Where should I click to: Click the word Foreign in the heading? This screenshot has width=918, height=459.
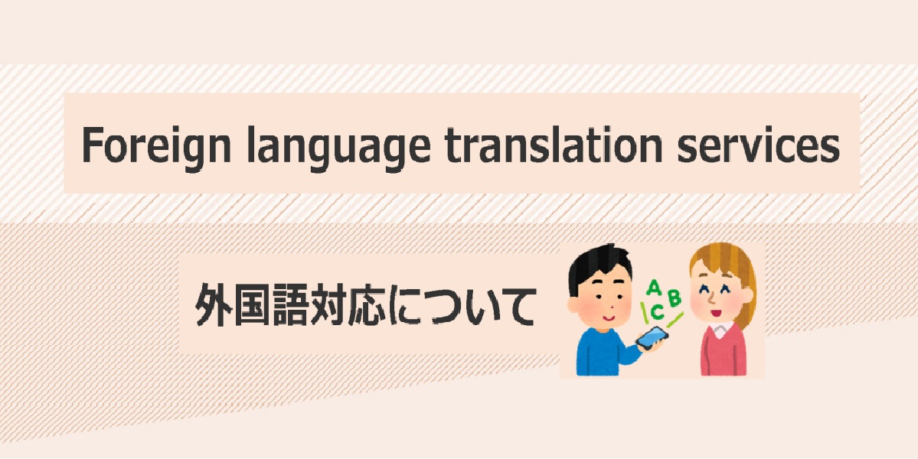(x=156, y=145)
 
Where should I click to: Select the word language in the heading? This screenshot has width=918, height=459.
(x=334, y=145)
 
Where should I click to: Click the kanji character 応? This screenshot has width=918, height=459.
(x=370, y=304)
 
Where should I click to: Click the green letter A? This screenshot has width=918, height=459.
(x=655, y=288)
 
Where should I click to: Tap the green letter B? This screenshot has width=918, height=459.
(x=675, y=298)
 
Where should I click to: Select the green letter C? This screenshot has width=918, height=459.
(x=657, y=311)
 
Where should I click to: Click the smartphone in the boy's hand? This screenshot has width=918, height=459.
(x=652, y=337)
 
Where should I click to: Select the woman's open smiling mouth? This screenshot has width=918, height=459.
(x=715, y=311)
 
